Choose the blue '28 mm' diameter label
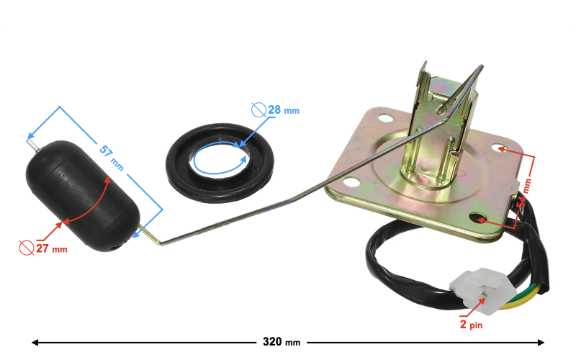pos(283,110)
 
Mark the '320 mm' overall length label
pos(282,342)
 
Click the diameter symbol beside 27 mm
pos(26,248)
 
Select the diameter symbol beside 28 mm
pos(258,110)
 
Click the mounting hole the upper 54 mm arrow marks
pos(500,148)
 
